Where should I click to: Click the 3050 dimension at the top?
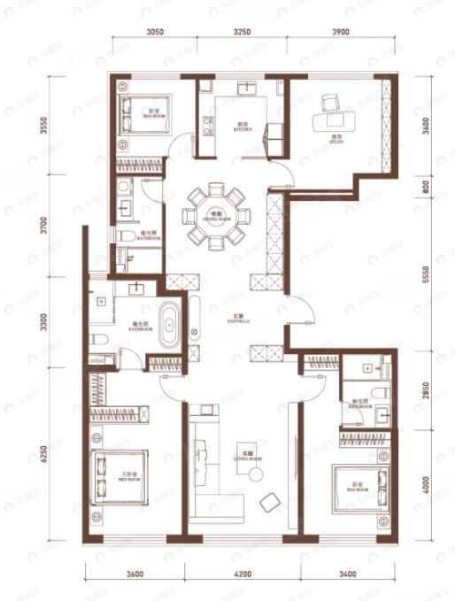(155, 31)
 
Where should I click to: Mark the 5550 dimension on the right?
(426, 276)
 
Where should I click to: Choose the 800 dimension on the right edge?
(426, 186)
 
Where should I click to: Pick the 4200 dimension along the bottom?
(240, 574)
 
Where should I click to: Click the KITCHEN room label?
(243, 127)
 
